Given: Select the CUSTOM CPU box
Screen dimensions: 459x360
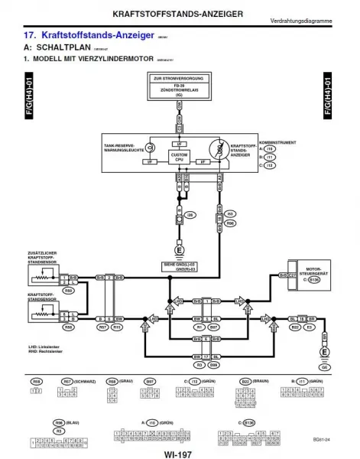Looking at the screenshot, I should (x=178, y=157).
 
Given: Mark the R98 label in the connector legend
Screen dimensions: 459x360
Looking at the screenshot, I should (x=37, y=422).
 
